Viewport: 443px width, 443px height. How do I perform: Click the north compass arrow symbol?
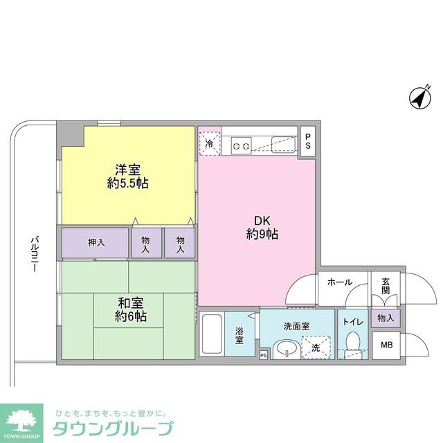[x=419, y=99]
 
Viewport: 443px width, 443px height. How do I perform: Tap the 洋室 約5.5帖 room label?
[x=127, y=176]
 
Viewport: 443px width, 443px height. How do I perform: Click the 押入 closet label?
[x=96, y=242]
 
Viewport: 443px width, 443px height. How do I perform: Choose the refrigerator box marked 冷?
[x=210, y=144]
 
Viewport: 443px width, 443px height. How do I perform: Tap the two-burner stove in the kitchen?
[x=241, y=145]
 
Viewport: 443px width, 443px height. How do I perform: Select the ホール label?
[x=339, y=282]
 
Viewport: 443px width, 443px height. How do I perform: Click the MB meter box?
[x=385, y=344]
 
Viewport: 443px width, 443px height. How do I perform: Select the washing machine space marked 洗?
[x=316, y=347]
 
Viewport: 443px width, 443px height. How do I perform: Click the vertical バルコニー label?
[x=33, y=253]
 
